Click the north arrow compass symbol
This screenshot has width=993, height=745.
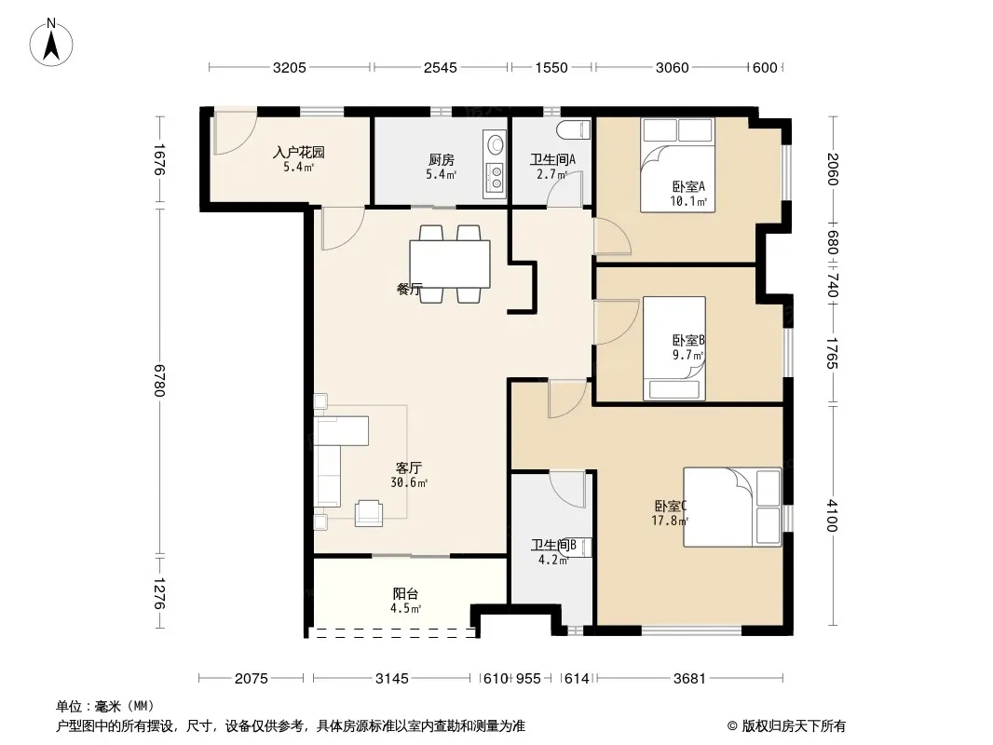(x=51, y=43)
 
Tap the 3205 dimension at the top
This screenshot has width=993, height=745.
(x=290, y=68)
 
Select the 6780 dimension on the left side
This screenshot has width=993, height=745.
(x=159, y=380)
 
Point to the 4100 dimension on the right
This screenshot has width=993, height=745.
(x=832, y=515)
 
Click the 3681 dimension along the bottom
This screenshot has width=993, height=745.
(x=689, y=679)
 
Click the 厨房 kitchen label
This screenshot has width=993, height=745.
(x=441, y=160)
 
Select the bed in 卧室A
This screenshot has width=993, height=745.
(x=677, y=165)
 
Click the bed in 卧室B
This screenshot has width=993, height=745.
(x=674, y=348)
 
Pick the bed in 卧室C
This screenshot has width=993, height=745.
(x=732, y=507)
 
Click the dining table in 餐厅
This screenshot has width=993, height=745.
(x=450, y=264)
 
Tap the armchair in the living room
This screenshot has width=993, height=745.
(x=369, y=513)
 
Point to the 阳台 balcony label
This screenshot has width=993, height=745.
(x=405, y=594)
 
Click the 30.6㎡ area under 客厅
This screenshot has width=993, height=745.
(x=409, y=483)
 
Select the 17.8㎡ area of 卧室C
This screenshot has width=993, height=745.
(x=670, y=521)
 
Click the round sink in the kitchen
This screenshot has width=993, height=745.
(x=494, y=143)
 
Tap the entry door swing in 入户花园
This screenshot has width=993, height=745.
(x=235, y=132)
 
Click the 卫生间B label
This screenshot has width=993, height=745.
(x=553, y=545)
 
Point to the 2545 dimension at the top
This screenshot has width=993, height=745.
(x=440, y=68)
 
